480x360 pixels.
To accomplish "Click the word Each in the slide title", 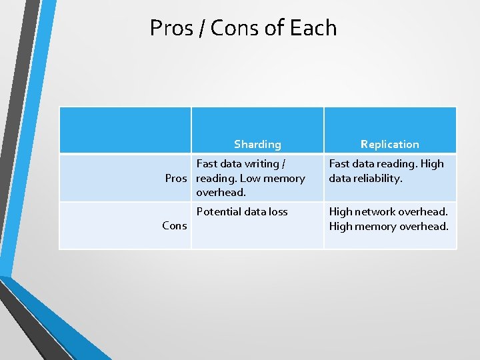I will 313,28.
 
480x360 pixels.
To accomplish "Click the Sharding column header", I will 257,144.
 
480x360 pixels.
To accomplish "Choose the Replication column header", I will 390,144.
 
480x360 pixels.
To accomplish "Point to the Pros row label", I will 177,178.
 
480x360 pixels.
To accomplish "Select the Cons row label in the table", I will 175,225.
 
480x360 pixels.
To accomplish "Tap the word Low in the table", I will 250,178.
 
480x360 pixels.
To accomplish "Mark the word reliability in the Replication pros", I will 379,178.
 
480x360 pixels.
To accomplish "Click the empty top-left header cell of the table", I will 125,131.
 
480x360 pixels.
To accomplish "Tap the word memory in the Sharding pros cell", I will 284,178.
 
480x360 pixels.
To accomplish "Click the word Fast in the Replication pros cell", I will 339,164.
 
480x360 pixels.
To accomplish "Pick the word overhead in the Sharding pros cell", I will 220,193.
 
